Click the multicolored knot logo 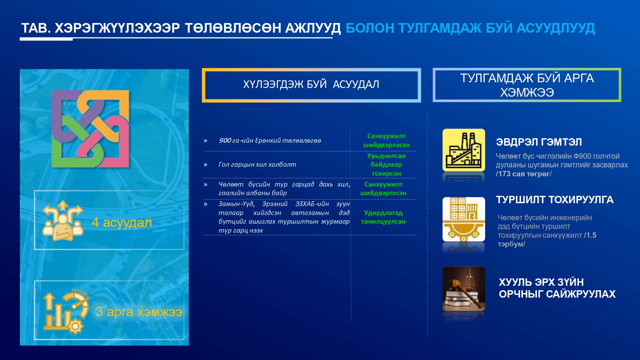(x=91, y=129)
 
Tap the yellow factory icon (x=464, y=150)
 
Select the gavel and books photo (x=464, y=289)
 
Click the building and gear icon (x=464, y=219)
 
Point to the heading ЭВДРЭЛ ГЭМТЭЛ (x=539, y=142)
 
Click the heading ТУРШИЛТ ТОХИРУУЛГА (x=555, y=200)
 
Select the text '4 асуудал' (x=122, y=222)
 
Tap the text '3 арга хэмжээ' (x=139, y=311)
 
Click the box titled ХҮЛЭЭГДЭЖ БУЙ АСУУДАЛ (x=311, y=85)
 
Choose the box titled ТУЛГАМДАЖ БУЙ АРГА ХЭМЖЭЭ (x=527, y=85)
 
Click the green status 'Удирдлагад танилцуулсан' (x=383, y=217)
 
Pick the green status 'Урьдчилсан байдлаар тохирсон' (x=386, y=164)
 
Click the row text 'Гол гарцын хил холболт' (x=257, y=164)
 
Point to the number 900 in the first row (x=225, y=140)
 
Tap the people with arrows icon (x=63, y=220)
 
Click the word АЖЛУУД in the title (x=313, y=28)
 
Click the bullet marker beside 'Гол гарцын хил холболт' (x=205, y=165)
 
